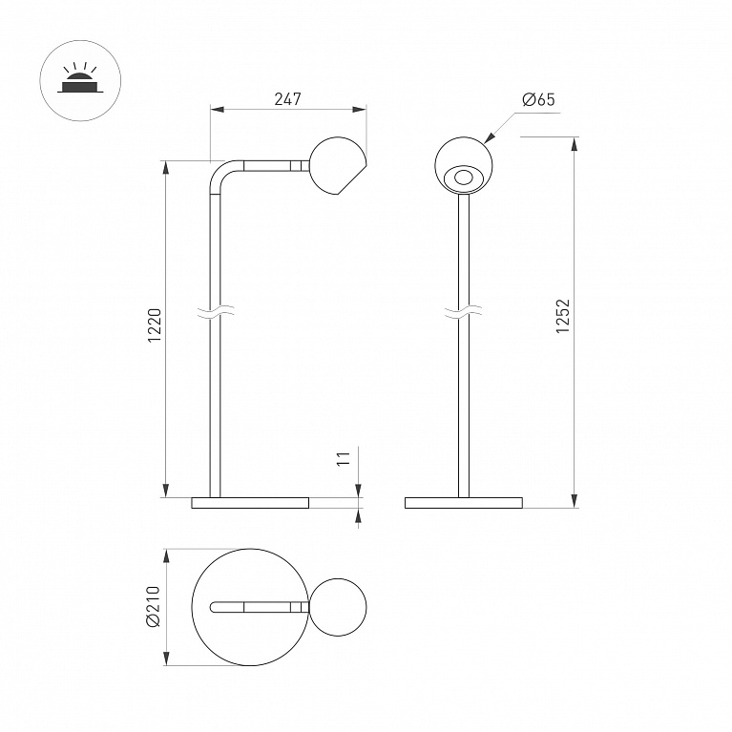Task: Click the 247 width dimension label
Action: (x=287, y=99)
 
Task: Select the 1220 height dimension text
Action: (x=155, y=325)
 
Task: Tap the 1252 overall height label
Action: (x=563, y=316)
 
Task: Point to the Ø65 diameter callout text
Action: (x=538, y=99)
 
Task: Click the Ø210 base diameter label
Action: (x=153, y=606)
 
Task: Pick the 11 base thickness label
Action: (x=344, y=458)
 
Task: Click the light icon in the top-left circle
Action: (x=80, y=80)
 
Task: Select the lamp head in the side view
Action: (x=338, y=166)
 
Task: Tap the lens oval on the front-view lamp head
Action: (x=463, y=178)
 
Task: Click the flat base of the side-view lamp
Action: (x=250, y=503)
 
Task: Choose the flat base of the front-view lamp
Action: (x=464, y=503)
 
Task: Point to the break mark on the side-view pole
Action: (x=216, y=312)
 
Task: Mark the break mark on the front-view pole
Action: (x=463, y=312)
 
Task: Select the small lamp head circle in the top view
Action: (x=338, y=607)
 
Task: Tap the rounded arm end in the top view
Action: (x=214, y=607)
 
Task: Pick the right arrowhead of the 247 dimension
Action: (x=360, y=110)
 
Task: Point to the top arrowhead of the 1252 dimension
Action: (x=574, y=144)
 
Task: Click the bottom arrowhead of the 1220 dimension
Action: (x=166, y=491)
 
